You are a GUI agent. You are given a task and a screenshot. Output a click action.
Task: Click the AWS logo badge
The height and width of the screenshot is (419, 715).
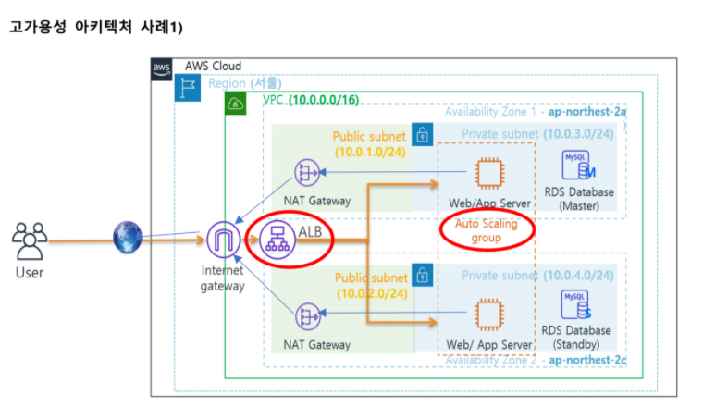tap(162, 68)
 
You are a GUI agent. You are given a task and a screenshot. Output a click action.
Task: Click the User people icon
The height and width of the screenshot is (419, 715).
tap(30, 242)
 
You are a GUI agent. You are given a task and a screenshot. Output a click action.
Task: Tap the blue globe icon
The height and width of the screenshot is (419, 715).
tap(126, 238)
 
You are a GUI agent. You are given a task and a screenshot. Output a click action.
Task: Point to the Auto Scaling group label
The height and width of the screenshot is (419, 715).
tap(487, 231)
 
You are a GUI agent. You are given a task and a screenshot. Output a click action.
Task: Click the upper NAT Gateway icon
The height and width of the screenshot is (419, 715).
tap(306, 172)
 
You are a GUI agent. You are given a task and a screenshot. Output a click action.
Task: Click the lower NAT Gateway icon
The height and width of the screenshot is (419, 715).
tap(306, 317)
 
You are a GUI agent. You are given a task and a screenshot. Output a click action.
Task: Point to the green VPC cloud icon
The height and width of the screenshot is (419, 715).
tap(235, 102)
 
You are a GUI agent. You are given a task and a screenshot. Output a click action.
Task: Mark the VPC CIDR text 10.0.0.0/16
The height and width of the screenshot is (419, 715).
tap(326, 99)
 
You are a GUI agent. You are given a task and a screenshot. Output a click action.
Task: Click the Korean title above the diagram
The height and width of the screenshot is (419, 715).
tap(96, 27)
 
